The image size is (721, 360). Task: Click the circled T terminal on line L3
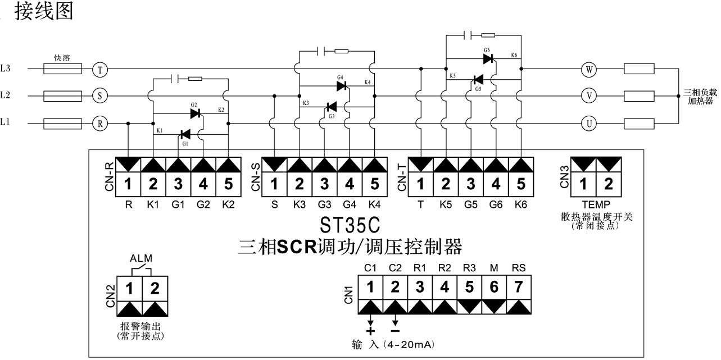(99, 69)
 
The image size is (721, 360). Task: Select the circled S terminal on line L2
(99, 96)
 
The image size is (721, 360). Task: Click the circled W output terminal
(588, 69)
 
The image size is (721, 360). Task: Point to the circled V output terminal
(588, 96)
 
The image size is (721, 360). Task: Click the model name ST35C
(350, 225)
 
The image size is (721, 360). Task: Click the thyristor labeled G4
(342, 86)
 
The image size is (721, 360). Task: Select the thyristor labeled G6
(488, 58)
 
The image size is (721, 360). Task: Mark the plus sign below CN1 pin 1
(370, 331)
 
